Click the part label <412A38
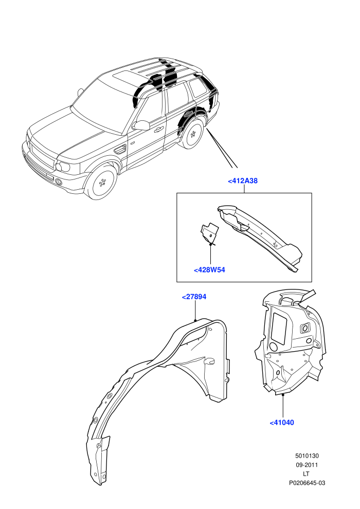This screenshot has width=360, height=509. [x=243, y=181]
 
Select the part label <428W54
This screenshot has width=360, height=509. [x=209, y=270]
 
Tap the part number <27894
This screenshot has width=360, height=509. [x=194, y=297]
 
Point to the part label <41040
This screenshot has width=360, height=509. [x=282, y=423]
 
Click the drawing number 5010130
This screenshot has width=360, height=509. [x=307, y=456]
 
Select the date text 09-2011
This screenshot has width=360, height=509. [x=307, y=465]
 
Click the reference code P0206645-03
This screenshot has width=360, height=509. [x=307, y=483]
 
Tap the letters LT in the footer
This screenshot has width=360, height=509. [x=306, y=474]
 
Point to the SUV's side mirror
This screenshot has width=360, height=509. [x=141, y=125]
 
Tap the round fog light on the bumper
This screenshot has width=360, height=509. [x=59, y=182]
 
